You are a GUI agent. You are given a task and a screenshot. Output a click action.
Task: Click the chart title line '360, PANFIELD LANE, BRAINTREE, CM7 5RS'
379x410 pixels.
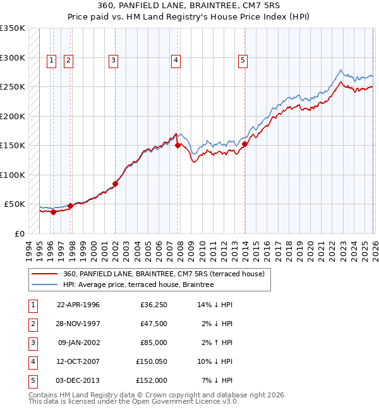pos(189,6)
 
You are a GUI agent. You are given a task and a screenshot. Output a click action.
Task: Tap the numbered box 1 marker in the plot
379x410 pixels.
pos(51,61)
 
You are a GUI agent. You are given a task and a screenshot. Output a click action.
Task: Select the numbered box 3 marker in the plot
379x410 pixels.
pos(113,61)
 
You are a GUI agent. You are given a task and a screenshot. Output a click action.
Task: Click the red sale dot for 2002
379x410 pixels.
pos(115,184)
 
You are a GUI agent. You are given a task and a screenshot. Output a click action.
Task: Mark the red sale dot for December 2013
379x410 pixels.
pos(244,144)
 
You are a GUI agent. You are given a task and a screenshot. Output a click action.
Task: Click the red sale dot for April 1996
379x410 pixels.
pos(53,213)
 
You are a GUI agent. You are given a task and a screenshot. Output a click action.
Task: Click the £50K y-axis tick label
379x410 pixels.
pos(15,204)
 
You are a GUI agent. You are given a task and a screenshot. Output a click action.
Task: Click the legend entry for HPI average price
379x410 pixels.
pos(138,285)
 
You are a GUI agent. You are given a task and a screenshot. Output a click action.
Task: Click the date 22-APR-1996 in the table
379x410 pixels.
pos(78,305)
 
